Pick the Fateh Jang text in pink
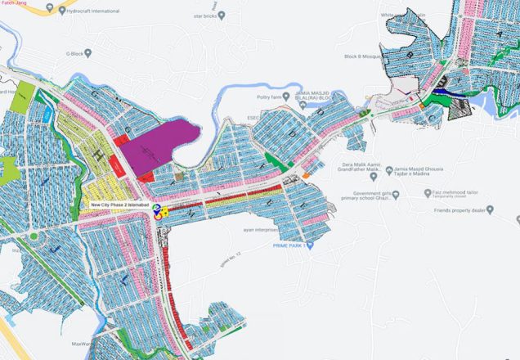(x=13, y=3)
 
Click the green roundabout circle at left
(x=34, y=236)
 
